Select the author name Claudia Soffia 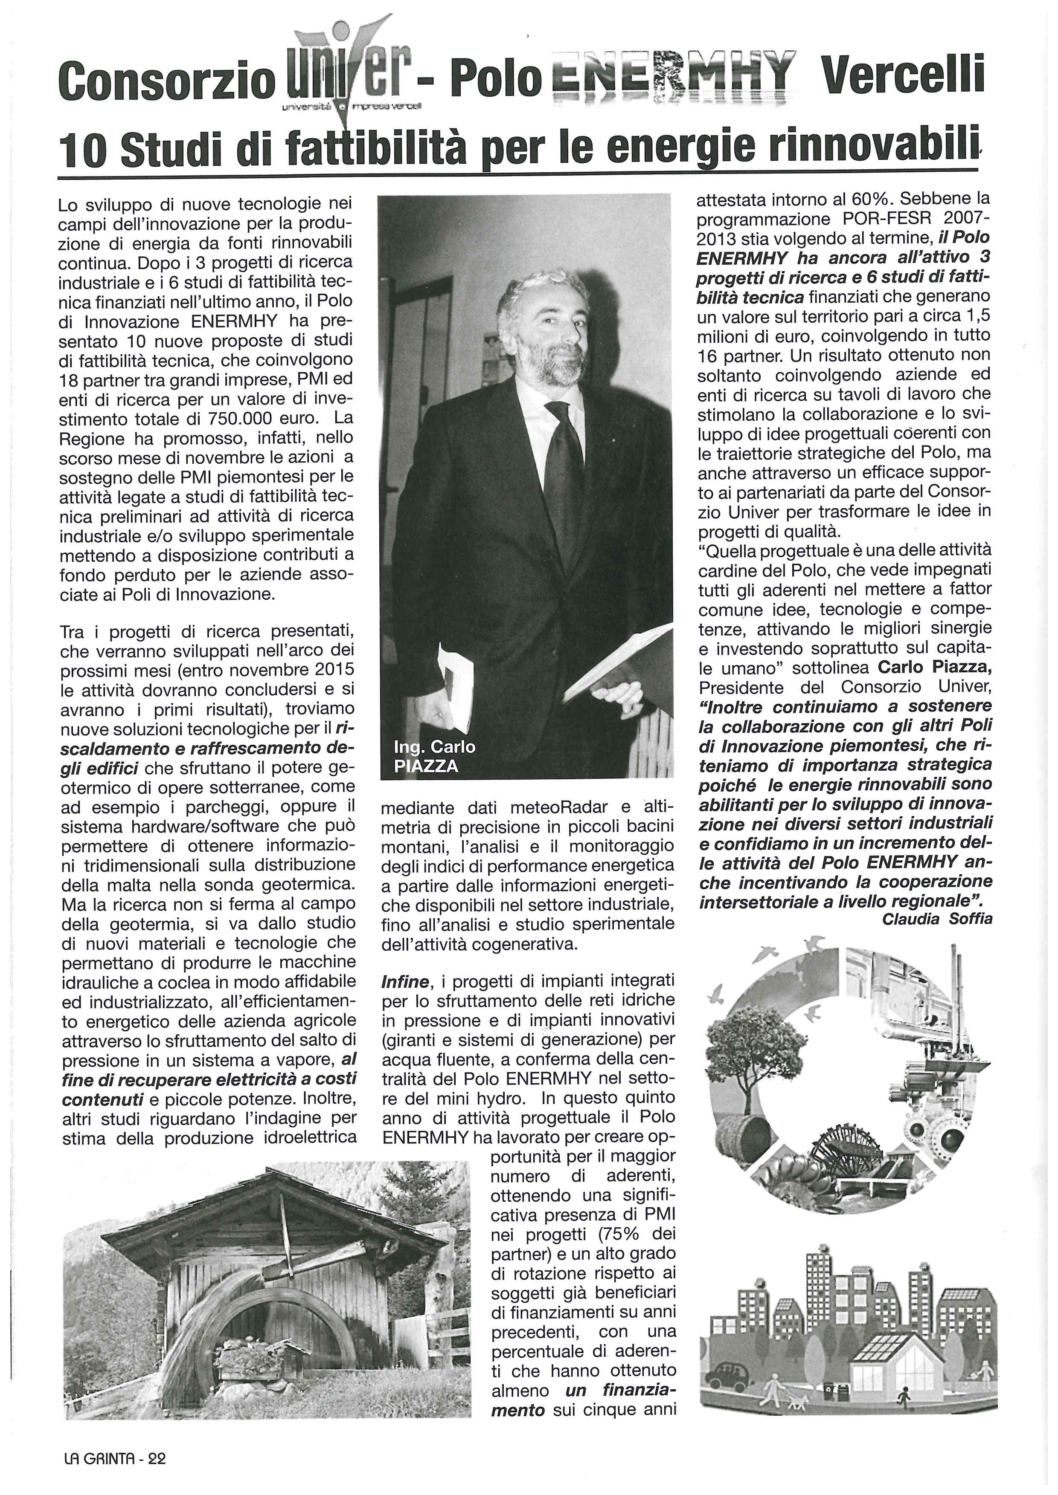pyautogui.click(x=937, y=919)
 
